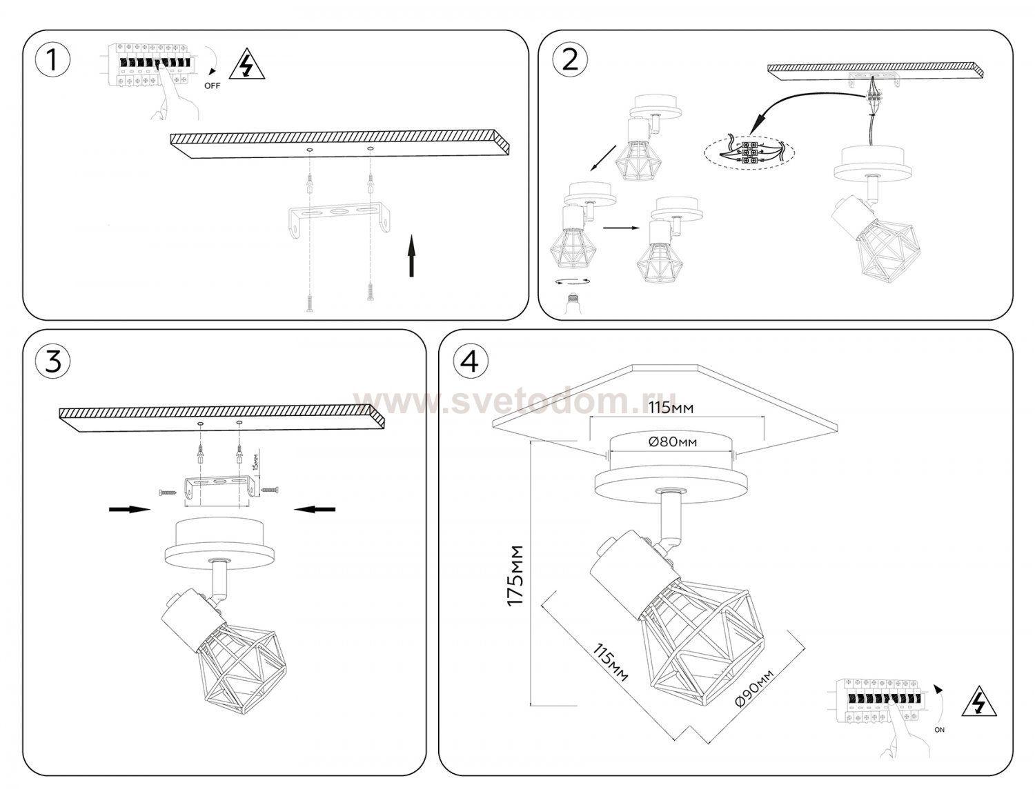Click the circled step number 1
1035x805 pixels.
point(52,61)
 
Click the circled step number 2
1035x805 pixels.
point(570,61)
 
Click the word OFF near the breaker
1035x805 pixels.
point(212,86)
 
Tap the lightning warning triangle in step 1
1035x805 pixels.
point(246,63)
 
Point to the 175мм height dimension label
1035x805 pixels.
point(515,575)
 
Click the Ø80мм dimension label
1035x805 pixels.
point(672,441)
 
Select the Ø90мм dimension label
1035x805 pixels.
point(754,688)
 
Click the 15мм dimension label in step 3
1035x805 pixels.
point(256,461)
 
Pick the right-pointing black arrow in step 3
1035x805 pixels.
point(130,509)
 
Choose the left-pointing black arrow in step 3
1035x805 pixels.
point(315,509)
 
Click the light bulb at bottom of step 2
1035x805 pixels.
point(572,303)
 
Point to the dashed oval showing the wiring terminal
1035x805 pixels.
point(749,153)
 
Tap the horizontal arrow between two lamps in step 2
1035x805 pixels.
point(622,228)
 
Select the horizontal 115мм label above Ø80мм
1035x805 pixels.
point(671,408)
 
